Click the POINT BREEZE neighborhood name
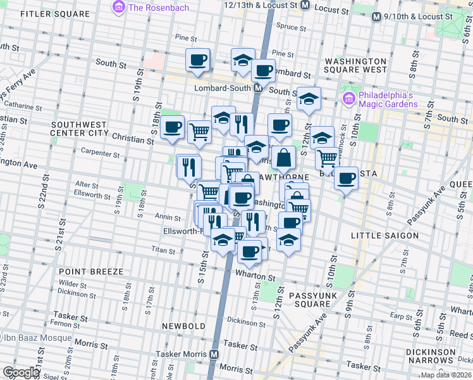click(x=91, y=271)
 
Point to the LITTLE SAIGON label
click(x=384, y=236)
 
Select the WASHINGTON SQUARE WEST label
click(x=355, y=65)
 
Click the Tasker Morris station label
click(x=183, y=355)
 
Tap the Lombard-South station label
click(x=223, y=89)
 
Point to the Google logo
click(x=21, y=372)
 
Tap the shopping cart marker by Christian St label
click(x=199, y=132)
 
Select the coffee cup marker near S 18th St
click(x=172, y=127)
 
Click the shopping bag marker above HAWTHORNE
click(x=284, y=157)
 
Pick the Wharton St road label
click(x=255, y=277)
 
